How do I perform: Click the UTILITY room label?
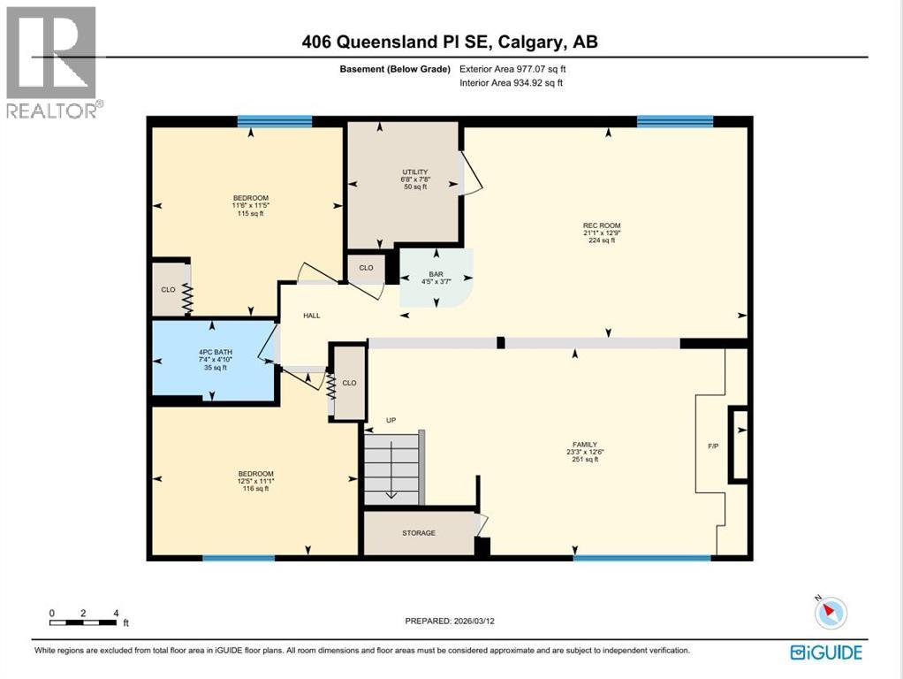click(414, 172)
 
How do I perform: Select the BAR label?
click(436, 274)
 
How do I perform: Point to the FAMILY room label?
click(584, 445)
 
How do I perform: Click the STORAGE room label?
click(419, 533)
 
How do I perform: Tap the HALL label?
click(312, 315)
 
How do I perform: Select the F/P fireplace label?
click(713, 446)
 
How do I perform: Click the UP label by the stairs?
click(390, 420)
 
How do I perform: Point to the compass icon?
click(831, 613)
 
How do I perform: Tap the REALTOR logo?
click(52, 62)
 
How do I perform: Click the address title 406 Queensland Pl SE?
click(451, 42)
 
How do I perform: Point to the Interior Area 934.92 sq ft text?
click(511, 83)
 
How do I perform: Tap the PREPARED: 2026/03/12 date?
click(450, 621)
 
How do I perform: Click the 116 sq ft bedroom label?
click(255, 488)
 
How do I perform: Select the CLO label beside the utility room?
click(366, 267)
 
